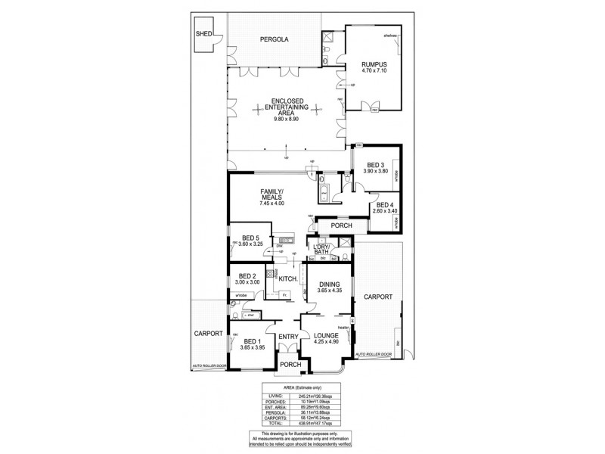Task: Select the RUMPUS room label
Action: coord(374,64)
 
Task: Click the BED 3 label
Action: coord(376,165)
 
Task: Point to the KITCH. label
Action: coord(288,280)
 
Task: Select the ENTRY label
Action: coord(287,337)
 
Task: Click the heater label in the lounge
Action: coord(343,328)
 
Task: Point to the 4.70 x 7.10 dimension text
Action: coord(374,71)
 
